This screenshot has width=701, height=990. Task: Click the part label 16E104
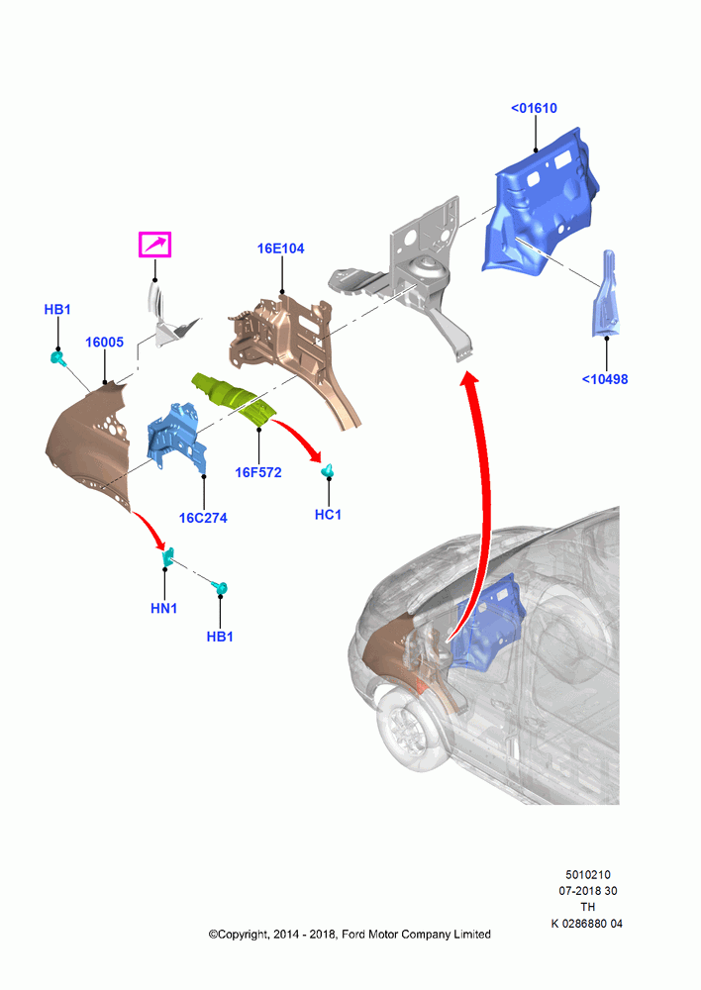click(280, 248)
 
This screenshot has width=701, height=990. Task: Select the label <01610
click(535, 108)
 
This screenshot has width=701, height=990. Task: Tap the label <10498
click(605, 379)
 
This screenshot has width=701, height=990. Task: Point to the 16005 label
click(104, 343)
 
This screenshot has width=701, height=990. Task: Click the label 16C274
click(203, 518)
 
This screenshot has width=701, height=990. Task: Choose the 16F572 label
click(258, 472)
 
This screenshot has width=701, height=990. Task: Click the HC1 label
click(328, 515)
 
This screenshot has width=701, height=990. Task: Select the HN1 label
click(163, 608)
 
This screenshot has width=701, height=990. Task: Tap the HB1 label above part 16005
click(57, 309)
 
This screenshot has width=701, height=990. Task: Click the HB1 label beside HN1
click(220, 637)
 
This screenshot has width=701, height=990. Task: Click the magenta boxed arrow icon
click(154, 245)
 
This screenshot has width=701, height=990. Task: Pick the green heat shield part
click(234, 398)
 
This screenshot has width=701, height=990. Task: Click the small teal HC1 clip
click(328, 470)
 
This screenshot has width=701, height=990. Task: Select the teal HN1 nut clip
click(168, 555)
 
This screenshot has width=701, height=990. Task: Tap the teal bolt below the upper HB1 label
click(58, 358)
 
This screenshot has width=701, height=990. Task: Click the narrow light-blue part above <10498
click(606, 294)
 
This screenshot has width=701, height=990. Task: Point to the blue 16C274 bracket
click(175, 437)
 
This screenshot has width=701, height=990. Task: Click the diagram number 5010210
click(587, 874)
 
